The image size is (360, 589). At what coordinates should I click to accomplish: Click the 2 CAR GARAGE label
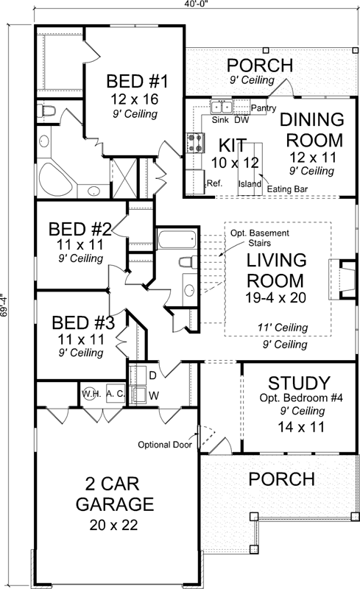pos(107,494)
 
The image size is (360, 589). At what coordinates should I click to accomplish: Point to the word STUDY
pos(298,383)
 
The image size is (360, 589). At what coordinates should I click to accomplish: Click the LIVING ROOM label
pos(275,270)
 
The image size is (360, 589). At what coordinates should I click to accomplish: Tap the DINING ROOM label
pos(313,130)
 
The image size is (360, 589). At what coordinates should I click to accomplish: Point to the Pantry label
pos(263,108)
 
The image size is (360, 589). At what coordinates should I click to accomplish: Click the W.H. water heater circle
pos(91,392)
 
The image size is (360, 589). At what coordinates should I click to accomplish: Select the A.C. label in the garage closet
pos(114,392)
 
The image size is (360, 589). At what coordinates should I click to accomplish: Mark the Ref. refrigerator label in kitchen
pos(214,183)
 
